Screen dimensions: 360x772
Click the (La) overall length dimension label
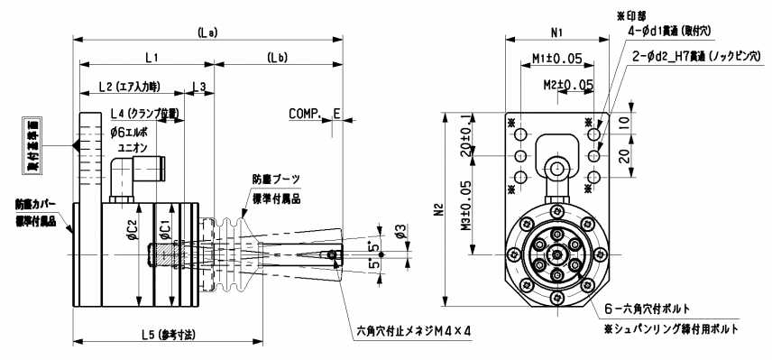click(206, 32)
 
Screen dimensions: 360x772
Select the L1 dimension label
click(151, 57)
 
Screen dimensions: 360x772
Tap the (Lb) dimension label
click(278, 57)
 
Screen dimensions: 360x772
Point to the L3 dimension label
click(199, 87)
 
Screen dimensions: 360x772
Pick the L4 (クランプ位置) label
click(142, 115)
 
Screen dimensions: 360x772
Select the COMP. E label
click(315, 115)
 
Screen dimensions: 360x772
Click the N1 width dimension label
click(556, 32)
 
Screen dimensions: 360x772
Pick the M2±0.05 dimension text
click(568, 84)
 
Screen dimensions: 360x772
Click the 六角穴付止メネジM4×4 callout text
click(413, 331)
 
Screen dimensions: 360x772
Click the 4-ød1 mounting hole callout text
click(668, 31)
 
